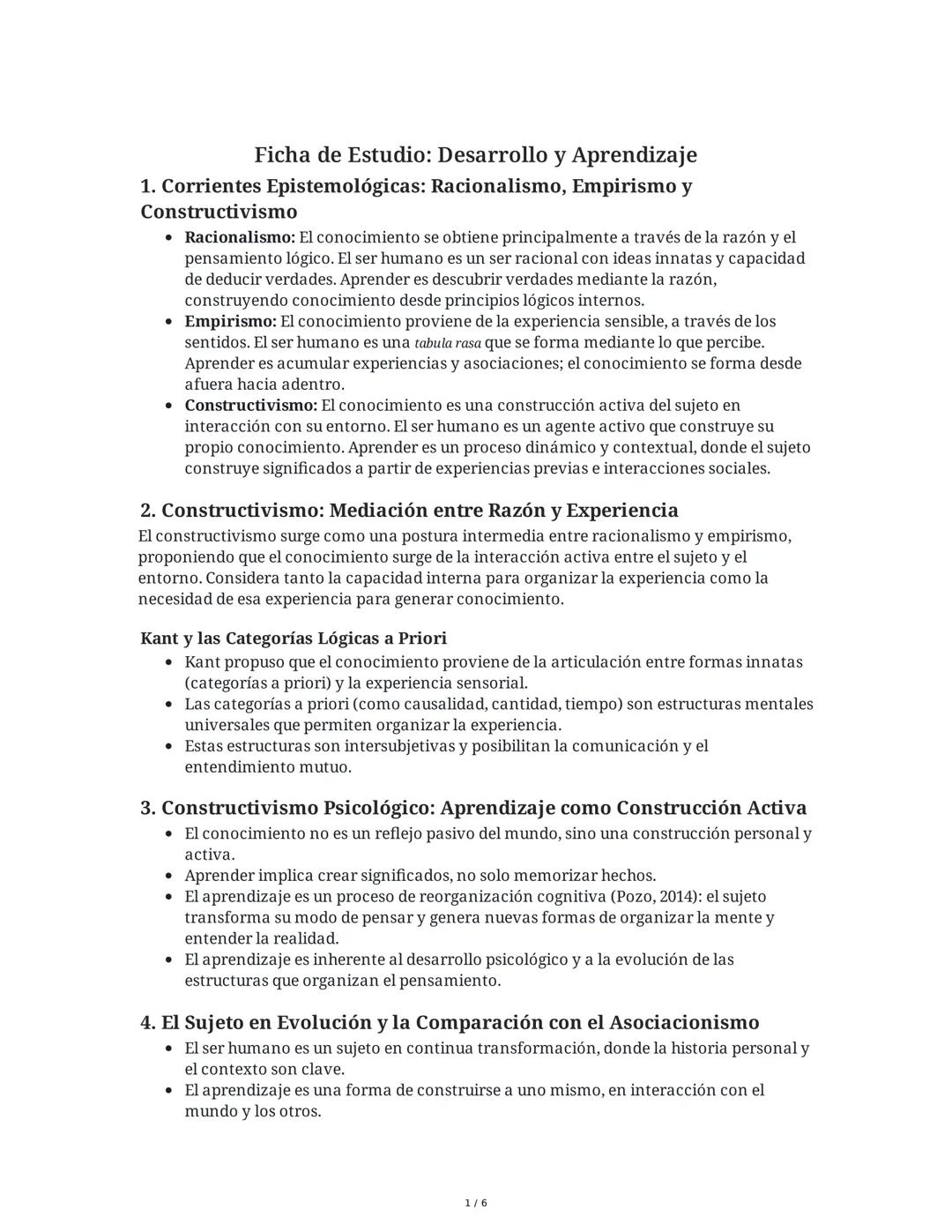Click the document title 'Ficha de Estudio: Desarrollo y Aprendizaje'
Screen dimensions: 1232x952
tap(475, 155)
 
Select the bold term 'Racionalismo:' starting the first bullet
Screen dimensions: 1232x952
tap(240, 237)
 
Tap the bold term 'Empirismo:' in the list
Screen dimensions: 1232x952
tap(230, 321)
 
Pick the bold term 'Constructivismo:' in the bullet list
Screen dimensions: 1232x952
tap(250, 406)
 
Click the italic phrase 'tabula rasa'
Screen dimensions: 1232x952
tap(447, 343)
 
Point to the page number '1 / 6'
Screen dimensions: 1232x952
tap(475, 1203)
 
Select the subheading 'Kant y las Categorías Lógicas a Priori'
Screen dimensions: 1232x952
tap(294, 638)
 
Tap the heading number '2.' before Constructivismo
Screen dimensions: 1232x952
tap(148, 511)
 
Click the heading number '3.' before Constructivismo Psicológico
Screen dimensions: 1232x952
tap(148, 808)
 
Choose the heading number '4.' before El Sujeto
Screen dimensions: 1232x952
tap(148, 1022)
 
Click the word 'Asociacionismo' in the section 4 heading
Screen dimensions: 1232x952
tap(684, 1022)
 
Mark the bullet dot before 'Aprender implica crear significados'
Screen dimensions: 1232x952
tap(168, 877)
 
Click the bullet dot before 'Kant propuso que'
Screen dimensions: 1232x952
tap(168, 662)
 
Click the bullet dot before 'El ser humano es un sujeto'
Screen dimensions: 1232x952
tap(168, 1049)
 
